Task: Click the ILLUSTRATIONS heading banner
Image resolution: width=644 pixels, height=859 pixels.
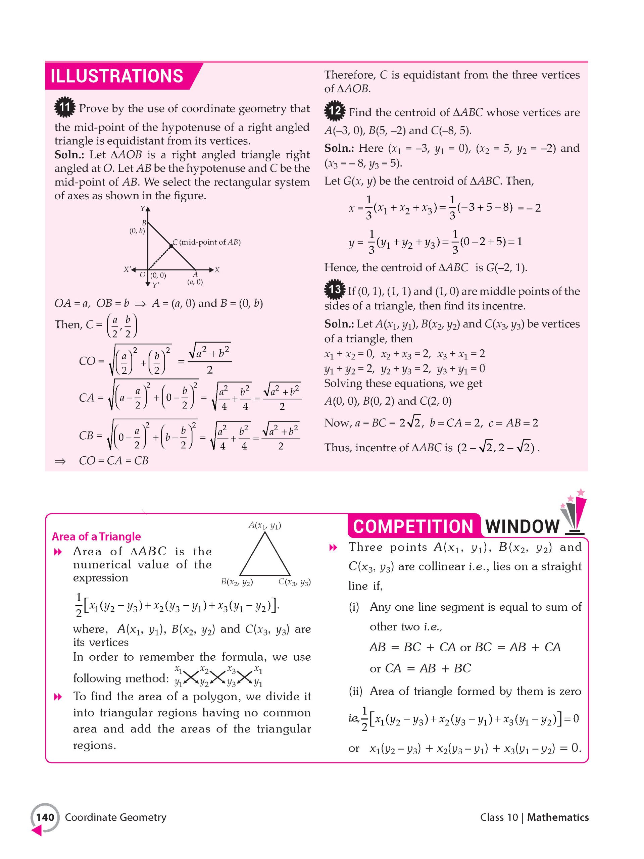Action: pos(116,76)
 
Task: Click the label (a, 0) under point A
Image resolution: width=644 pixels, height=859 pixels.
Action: pos(195,282)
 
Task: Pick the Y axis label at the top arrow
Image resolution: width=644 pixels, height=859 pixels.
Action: pos(143,208)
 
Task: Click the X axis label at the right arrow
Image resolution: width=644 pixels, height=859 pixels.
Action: pos(217,269)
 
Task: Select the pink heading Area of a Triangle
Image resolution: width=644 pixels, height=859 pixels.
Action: pos(96,536)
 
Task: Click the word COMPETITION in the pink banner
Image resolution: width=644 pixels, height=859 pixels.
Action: pos(413,526)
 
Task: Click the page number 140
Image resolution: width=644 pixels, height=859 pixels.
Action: pos(45,817)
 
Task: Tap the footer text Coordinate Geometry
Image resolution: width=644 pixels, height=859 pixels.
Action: pos(115,817)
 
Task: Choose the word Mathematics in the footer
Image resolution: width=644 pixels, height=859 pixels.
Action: pos(558,817)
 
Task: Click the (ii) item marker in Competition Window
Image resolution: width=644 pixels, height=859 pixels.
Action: pos(355,691)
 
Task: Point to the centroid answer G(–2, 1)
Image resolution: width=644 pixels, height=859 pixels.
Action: pos(506,267)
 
